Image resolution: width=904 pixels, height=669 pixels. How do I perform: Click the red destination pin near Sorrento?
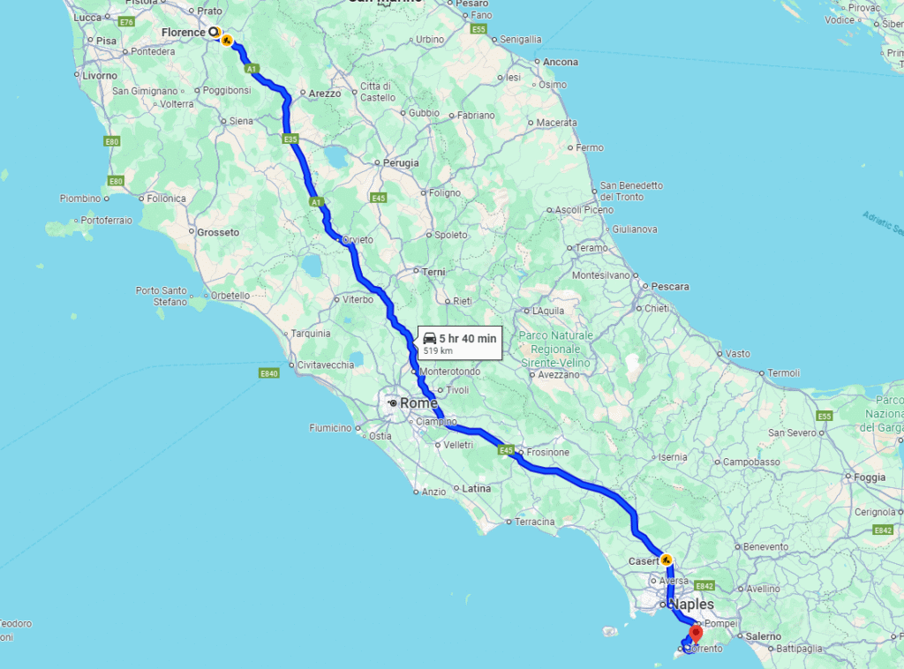tap(696, 631)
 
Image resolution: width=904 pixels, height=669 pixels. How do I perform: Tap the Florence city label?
tap(183, 33)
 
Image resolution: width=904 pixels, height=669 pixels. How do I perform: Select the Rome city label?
tap(418, 402)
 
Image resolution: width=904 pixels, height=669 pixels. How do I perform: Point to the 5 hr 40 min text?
tap(468, 338)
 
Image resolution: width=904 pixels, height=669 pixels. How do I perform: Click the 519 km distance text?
tap(438, 350)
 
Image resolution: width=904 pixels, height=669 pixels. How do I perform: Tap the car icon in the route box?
tap(429, 338)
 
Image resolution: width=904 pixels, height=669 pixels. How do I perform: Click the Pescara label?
tap(670, 286)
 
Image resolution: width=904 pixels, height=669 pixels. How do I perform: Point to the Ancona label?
tap(561, 62)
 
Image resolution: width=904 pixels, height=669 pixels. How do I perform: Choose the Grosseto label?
tap(217, 232)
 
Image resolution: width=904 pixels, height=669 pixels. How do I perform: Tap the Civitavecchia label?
tap(326, 364)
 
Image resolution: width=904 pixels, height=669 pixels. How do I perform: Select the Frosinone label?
tap(547, 452)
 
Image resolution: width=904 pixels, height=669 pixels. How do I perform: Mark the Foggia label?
tap(870, 477)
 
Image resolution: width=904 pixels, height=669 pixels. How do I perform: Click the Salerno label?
tap(763, 635)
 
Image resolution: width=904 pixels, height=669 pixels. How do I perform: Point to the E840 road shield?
tap(269, 374)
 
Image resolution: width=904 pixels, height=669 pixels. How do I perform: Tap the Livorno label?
tap(99, 76)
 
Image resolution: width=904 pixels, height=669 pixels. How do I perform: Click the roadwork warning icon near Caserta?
tap(666, 560)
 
